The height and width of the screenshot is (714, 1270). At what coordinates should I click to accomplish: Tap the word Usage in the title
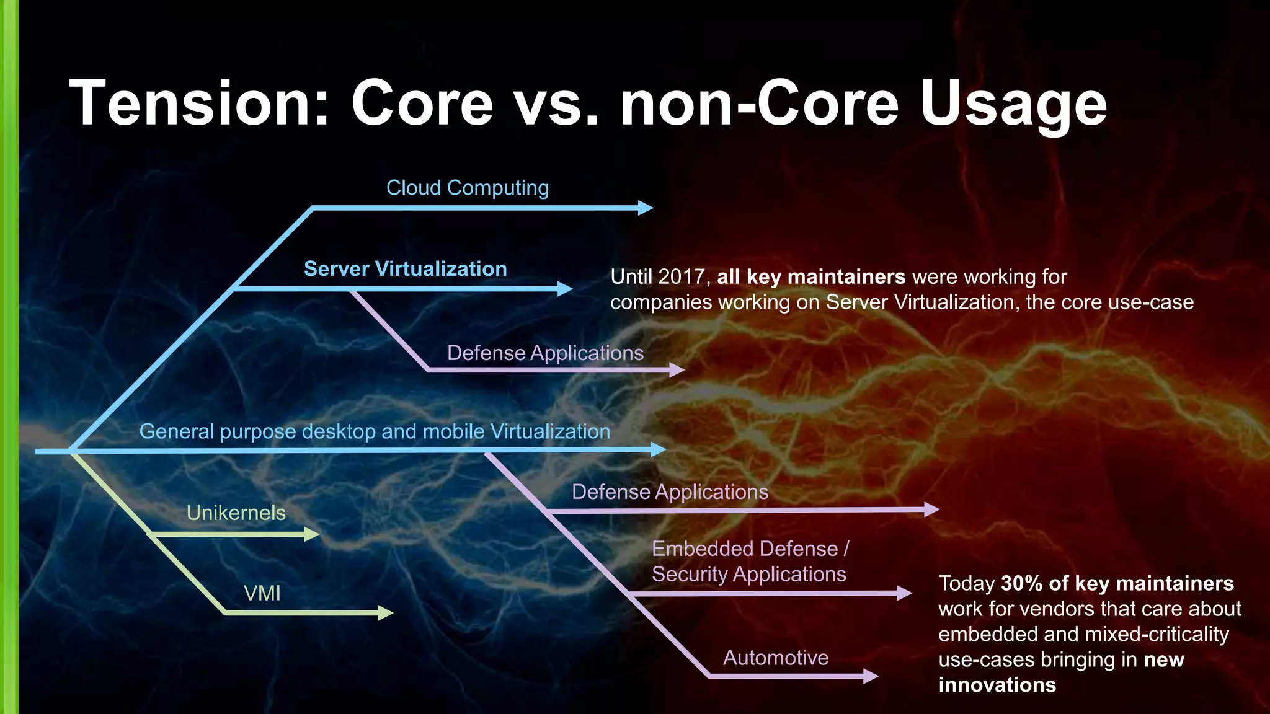click(1013, 104)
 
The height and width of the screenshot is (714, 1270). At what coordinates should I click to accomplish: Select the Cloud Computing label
click(468, 188)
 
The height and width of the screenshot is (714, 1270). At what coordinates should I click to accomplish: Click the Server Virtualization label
click(405, 269)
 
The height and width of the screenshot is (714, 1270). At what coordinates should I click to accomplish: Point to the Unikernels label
click(236, 513)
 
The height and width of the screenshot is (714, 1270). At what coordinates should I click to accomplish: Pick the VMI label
click(262, 594)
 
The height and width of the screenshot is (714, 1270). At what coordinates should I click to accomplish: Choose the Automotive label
click(776, 658)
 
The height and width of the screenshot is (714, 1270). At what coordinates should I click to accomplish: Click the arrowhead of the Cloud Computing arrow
click(646, 208)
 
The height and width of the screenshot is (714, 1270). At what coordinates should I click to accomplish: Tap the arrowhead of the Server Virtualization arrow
click(565, 289)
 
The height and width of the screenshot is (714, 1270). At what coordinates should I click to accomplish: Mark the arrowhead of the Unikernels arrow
click(312, 534)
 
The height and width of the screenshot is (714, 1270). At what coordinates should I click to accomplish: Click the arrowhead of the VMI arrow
click(386, 614)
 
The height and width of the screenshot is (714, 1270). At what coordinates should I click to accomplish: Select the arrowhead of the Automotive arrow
click(871, 676)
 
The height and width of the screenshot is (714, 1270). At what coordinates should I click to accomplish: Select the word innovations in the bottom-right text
click(997, 685)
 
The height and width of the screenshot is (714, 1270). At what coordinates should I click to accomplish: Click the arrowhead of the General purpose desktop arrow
click(659, 450)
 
